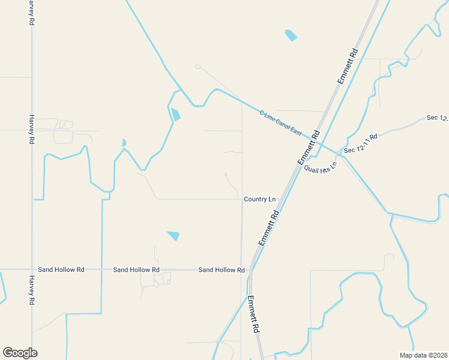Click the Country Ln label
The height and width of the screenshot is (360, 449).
[260, 199]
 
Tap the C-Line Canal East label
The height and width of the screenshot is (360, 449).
[280, 122]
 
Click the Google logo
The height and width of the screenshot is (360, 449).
[20, 353]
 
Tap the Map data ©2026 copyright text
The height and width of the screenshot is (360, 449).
[423, 355]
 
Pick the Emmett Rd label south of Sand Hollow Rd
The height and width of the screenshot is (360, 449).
[253, 314]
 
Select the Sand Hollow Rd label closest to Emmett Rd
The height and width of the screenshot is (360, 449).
[221, 271]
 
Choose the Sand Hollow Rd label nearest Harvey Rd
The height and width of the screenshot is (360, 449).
[61, 270]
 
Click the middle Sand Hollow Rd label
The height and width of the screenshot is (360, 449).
[136, 271]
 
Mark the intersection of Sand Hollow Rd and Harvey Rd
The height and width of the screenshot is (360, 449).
[31, 270]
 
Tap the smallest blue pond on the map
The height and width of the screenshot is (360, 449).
[124, 143]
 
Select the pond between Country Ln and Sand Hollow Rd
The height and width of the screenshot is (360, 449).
[173, 236]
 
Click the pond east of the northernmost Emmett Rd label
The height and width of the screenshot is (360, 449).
[291, 35]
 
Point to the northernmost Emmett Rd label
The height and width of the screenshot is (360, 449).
[348, 66]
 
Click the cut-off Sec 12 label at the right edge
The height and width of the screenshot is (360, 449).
[438, 118]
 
